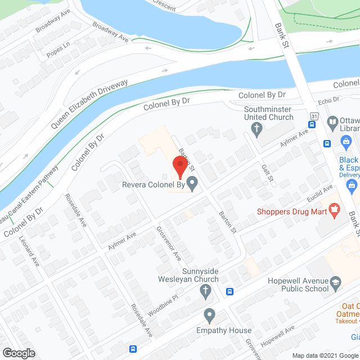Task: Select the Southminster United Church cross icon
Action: (x=257, y=130)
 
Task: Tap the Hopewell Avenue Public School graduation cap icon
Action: (x=336, y=282)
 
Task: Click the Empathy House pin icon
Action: (x=210, y=314)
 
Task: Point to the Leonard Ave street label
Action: (x=31, y=259)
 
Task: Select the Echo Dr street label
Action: (x=328, y=100)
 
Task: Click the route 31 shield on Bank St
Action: (x=314, y=115)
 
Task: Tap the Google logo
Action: (x=18, y=353)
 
